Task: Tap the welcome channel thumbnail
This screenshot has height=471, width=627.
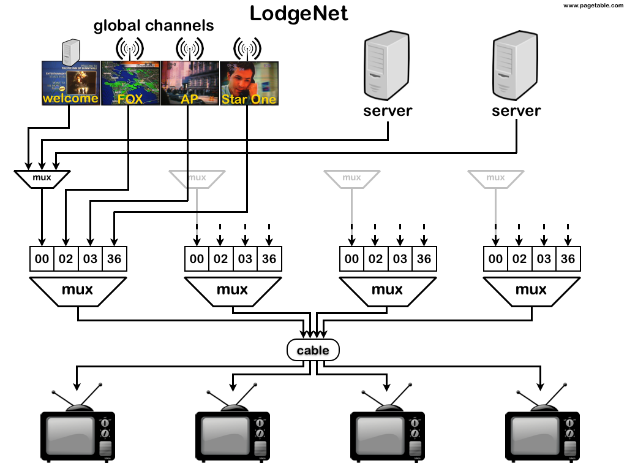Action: [70, 83]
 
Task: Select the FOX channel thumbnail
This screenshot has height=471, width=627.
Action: [129, 83]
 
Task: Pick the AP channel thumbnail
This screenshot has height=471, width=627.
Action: [189, 83]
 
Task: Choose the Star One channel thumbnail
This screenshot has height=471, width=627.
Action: [249, 83]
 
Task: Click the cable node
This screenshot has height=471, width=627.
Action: [313, 351]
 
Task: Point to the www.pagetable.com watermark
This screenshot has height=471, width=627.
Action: [591, 6]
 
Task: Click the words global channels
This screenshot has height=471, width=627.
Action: [153, 26]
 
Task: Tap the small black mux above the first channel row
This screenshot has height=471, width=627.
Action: [42, 178]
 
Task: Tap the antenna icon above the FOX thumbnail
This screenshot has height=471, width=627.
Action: [129, 48]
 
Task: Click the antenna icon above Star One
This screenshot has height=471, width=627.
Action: [247, 48]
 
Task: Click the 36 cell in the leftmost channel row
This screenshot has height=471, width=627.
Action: [114, 259]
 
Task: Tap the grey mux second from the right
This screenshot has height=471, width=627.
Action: [351, 178]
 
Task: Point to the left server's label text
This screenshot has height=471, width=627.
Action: [387, 111]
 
